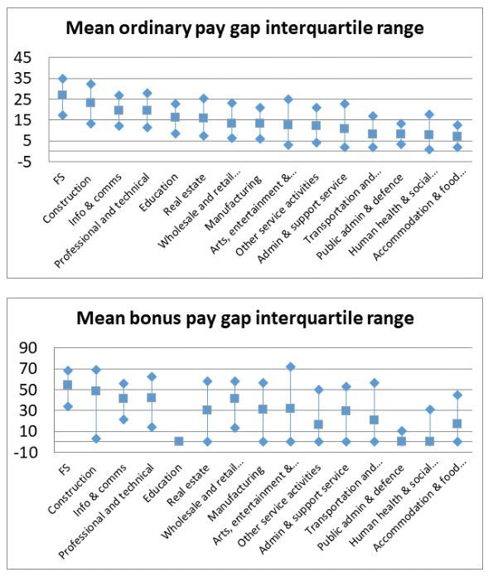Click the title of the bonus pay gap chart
pos(246,318)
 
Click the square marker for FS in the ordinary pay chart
pos(62,95)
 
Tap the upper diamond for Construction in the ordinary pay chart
pos(90,84)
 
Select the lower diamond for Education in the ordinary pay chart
pos(176,133)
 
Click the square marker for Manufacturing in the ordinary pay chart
pos(260,124)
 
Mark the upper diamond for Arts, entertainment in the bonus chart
pos(288,366)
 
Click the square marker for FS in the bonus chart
pos(62,385)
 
